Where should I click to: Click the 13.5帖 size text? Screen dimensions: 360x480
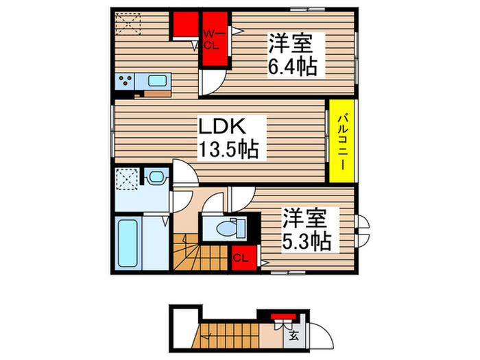point(229,150)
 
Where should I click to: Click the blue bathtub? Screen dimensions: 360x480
point(128,243)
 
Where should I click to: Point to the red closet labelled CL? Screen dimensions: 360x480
point(240,258)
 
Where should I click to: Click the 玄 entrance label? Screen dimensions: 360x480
point(293,336)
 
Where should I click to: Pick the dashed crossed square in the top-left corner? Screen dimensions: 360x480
point(127,25)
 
